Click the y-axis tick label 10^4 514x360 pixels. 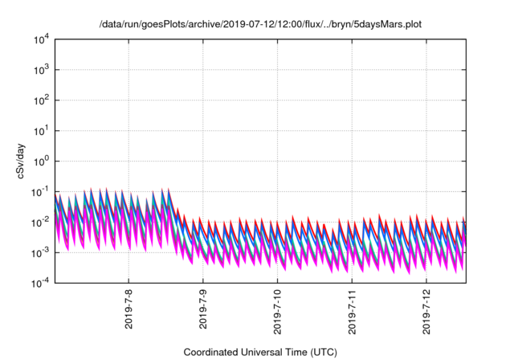pos(41,39)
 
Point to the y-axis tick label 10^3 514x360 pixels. pos(41,69)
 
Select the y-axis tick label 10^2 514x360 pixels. pos(41,100)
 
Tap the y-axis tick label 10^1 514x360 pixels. pos(41,130)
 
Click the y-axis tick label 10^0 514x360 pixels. pos(41,161)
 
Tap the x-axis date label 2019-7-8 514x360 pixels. pos(129,310)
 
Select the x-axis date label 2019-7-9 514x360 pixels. pos(203,310)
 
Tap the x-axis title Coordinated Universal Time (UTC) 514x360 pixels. pos(260,352)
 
